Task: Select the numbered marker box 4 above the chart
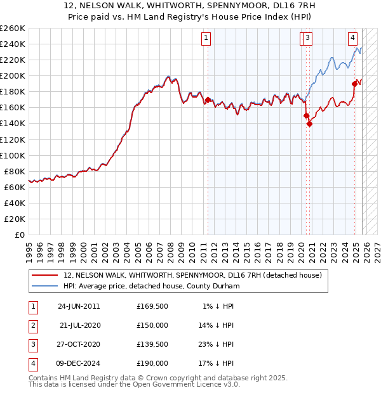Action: [352, 37]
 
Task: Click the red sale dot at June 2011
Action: [208, 100]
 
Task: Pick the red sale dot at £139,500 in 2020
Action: [309, 124]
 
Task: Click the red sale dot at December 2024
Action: [355, 83]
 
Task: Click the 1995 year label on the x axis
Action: [29, 248]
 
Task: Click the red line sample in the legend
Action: [44, 275]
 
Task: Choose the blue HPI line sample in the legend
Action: [44, 286]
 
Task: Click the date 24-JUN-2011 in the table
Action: [79, 306]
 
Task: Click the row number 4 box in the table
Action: [32, 363]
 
